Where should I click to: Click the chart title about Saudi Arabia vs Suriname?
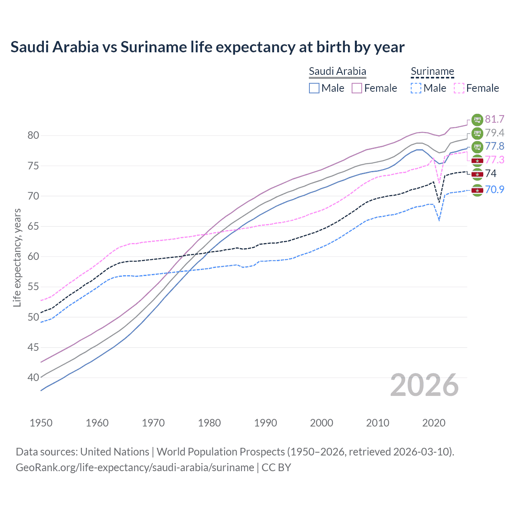207,47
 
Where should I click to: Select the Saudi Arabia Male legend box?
314,88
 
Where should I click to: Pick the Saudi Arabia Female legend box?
357,88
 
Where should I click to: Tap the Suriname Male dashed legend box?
416,88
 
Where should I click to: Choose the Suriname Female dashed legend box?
459,88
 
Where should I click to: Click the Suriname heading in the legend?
432,72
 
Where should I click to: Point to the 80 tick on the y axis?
33,136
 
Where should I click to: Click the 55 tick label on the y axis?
33,287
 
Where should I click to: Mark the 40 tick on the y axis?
33,378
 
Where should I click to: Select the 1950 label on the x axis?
41,423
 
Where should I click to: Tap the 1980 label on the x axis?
209,423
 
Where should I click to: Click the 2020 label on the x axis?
434,423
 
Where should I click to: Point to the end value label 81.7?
494,119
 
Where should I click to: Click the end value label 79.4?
494,133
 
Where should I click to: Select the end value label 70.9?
494,190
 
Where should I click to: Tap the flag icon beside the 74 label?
477,174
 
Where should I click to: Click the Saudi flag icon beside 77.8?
477,146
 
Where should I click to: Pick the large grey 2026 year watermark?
424,385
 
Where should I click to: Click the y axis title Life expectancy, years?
17,257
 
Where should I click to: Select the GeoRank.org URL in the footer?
135,468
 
